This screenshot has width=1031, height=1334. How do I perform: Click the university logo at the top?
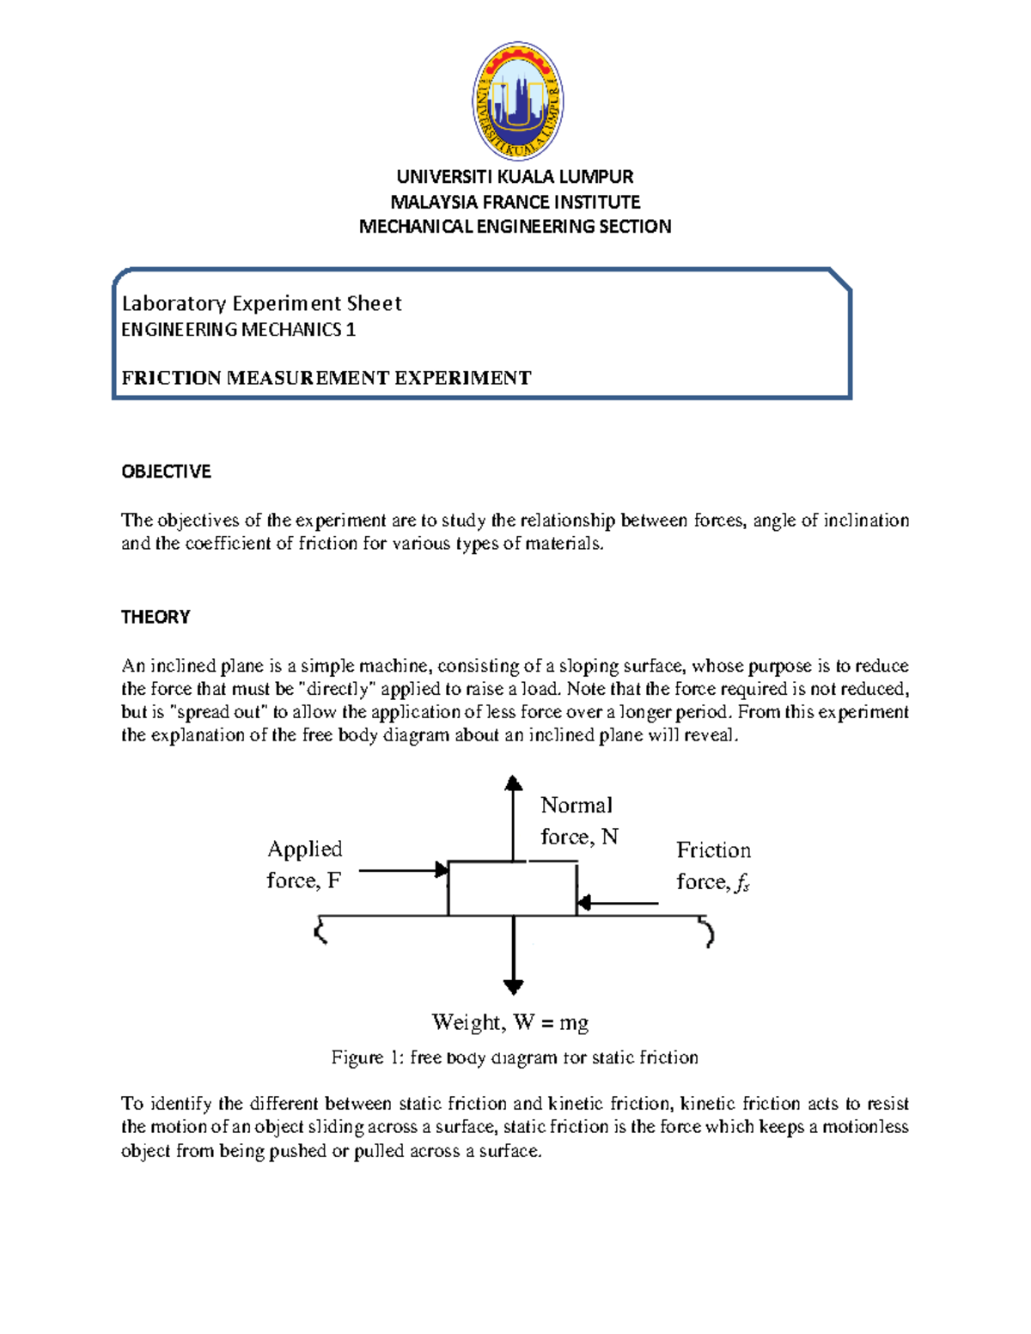pos(517,101)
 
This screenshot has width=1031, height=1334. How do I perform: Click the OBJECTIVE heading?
pos(166,471)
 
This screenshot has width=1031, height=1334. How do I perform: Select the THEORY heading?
pos(156,617)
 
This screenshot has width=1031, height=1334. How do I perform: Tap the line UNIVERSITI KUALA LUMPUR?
pos(515,177)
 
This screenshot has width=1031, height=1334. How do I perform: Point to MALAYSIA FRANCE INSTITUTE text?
pos(515,202)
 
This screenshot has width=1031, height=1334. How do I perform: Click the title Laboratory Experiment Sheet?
pos(261,303)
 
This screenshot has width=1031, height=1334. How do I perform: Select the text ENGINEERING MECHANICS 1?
pos(238,330)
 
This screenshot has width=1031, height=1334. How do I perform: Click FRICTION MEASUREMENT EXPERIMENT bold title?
pos(326,378)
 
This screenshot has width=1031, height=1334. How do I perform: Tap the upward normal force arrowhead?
pos(514,783)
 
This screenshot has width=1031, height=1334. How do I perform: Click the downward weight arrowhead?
pos(514,986)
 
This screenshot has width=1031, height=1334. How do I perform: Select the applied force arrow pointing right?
pos(402,870)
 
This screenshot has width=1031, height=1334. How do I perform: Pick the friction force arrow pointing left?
pos(619,903)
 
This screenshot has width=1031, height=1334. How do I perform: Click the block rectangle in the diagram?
pos(512,889)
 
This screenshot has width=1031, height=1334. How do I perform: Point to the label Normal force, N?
pos(578,821)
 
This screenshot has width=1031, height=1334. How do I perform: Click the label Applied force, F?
pos(304,864)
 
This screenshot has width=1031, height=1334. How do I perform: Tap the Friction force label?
pos(713,866)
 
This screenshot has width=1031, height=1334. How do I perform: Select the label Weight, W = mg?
pos(509,1022)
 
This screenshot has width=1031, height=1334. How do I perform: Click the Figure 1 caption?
pos(514,1057)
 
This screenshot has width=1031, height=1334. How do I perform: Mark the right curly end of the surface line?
pos(707,931)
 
